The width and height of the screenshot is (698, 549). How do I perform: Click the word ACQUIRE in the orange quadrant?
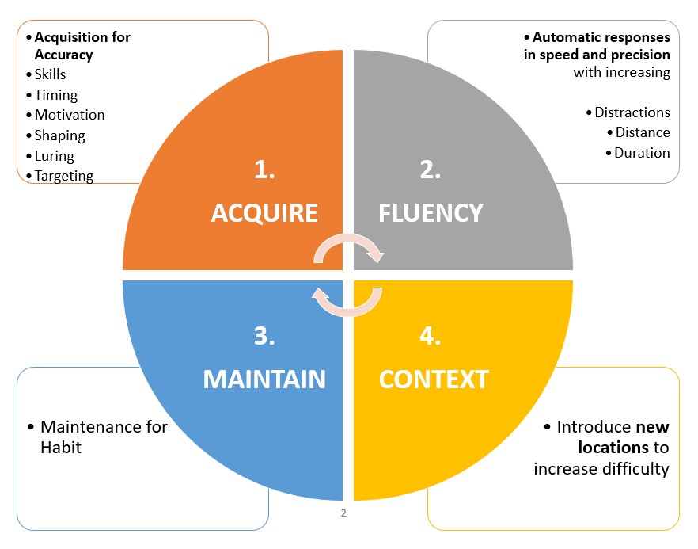click(x=264, y=212)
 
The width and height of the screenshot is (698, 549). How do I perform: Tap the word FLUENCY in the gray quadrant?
click(x=431, y=212)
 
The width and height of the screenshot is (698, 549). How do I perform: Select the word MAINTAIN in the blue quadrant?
click(x=264, y=379)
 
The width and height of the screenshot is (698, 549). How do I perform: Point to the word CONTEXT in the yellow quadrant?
click(x=434, y=379)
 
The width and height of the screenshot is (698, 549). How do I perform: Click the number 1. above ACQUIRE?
click(x=264, y=170)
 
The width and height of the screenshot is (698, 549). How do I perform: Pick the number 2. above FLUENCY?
click(x=430, y=170)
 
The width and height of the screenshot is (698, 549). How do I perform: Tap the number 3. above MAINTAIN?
click(x=264, y=337)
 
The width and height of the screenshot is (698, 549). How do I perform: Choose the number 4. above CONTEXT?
click(x=430, y=337)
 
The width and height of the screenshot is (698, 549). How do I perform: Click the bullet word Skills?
click(x=50, y=74)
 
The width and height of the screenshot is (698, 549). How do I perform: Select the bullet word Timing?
click(x=55, y=95)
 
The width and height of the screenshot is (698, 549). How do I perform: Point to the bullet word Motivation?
click(x=70, y=115)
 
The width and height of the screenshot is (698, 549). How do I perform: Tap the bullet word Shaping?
click(x=59, y=135)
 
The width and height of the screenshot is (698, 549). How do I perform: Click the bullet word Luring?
click(x=54, y=156)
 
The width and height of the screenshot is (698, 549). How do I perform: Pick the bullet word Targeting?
click(x=63, y=176)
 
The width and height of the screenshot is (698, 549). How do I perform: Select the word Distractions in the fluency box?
click(x=632, y=112)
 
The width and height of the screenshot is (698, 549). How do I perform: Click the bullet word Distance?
click(x=643, y=132)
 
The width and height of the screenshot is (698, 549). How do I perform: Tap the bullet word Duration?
click(x=642, y=153)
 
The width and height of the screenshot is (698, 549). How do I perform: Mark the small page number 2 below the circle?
click(x=343, y=513)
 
